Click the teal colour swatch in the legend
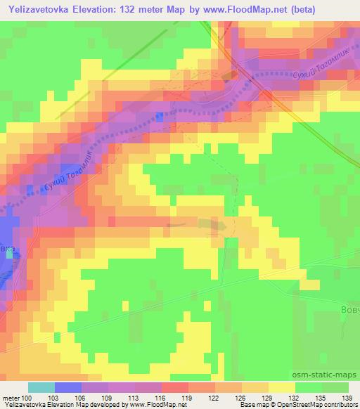pyautogui.click(x=41, y=387)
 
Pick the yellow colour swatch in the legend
pyautogui.click(x=281, y=387)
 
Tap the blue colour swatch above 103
pyautogui.click(x=67, y=387)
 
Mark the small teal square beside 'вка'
pyautogui.click(x=10, y=254)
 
